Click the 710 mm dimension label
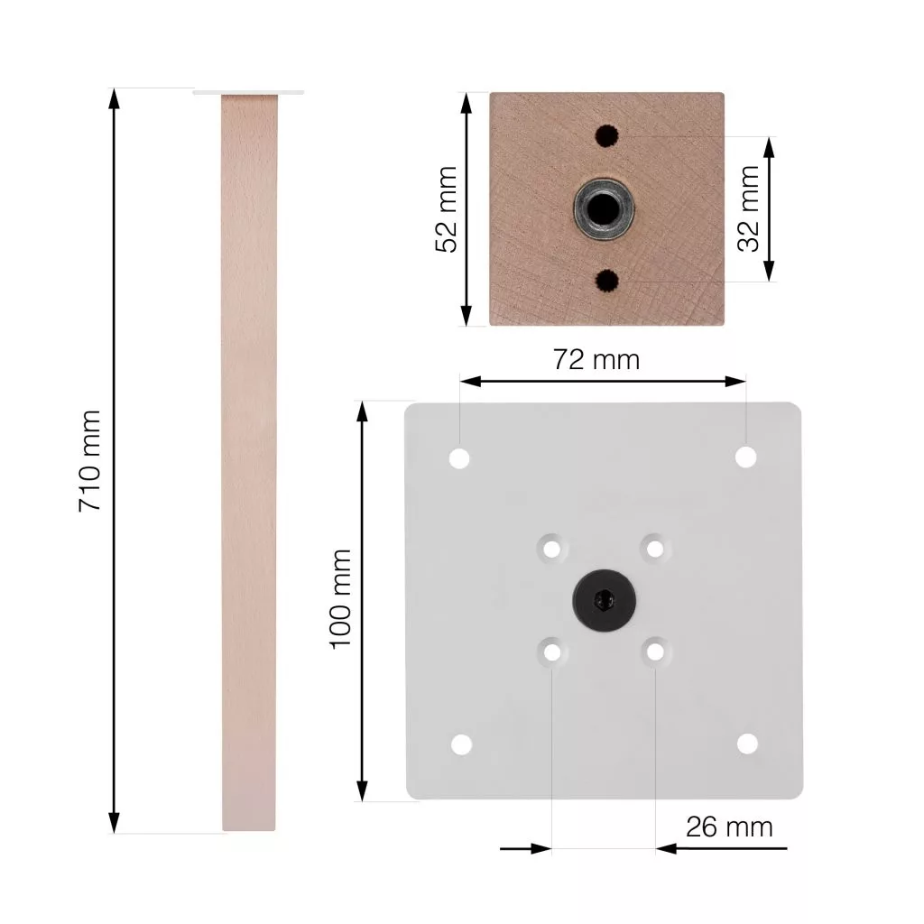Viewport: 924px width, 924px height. tap(89, 461)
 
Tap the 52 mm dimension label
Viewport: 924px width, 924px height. tap(446, 209)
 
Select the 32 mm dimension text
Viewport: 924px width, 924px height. tap(748, 208)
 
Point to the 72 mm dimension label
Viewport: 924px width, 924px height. tap(596, 359)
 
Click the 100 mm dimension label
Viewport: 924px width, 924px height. tap(340, 599)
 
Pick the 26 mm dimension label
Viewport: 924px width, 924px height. tap(729, 827)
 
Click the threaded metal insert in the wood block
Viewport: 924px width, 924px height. tap(604, 208)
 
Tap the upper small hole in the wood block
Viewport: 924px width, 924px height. tap(606, 136)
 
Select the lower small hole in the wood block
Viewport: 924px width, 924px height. tap(606, 282)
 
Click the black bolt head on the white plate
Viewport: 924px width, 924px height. tap(604, 600)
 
